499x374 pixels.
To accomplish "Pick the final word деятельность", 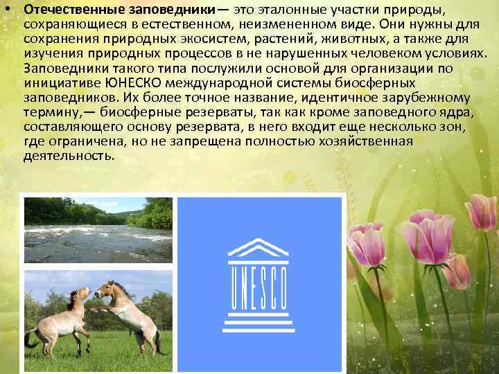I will [69, 157].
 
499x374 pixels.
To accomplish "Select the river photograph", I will [98, 229].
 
